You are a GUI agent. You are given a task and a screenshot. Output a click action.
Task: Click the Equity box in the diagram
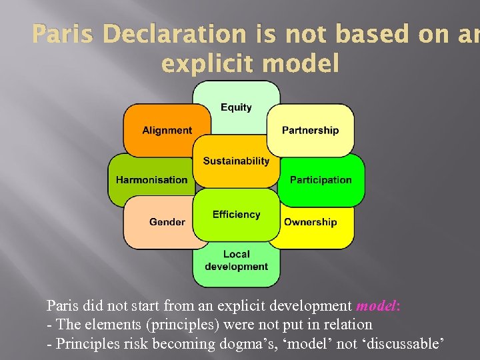(236, 107)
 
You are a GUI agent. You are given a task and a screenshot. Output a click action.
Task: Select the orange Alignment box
(167, 131)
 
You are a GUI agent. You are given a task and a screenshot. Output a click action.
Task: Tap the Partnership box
(310, 131)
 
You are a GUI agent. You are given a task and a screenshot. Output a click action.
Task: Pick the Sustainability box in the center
(236, 161)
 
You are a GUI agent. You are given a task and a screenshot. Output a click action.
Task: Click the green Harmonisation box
(151, 180)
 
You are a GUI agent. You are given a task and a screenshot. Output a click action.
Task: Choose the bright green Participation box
(321, 180)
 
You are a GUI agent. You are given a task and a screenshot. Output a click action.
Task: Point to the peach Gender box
(167, 222)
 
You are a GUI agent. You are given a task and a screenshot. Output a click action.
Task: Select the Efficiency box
(236, 215)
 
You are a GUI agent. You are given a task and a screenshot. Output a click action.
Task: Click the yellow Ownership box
(311, 222)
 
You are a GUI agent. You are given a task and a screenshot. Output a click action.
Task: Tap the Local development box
(236, 261)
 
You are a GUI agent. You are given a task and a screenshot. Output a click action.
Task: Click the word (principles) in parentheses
(190, 325)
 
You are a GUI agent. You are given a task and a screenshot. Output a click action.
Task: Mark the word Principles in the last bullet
(84, 343)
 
